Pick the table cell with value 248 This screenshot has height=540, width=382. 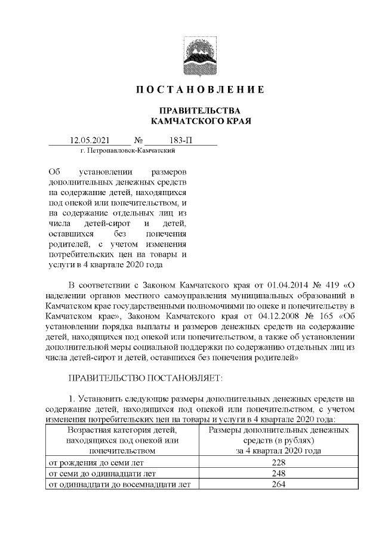click(x=278, y=473)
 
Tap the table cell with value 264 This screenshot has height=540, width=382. click(x=278, y=485)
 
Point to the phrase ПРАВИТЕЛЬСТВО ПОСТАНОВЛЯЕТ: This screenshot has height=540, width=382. click(x=145, y=378)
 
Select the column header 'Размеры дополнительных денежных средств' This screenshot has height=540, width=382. click(x=278, y=434)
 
